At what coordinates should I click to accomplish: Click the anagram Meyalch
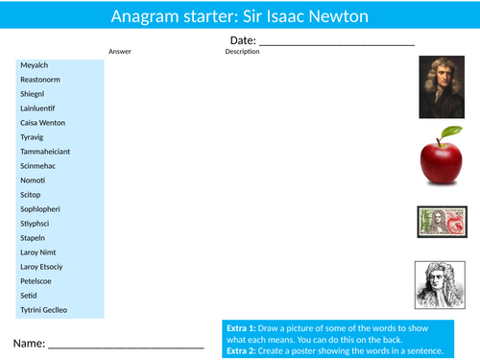pos(34,65)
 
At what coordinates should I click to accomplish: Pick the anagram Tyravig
pos(33,137)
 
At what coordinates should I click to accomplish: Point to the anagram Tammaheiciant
pos(44,152)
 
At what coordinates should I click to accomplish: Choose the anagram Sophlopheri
pos(40,208)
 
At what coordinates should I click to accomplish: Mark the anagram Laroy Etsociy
pos(41,266)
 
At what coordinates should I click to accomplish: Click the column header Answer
pos(120,52)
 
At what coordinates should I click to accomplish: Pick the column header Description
pos(242,52)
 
